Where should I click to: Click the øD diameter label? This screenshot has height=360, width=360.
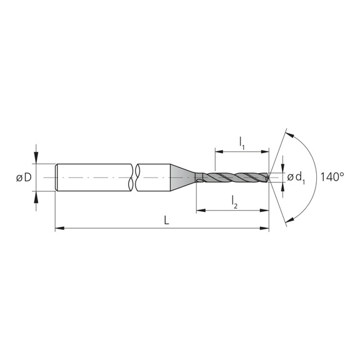coord(24,178)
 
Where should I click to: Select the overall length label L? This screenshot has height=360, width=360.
coord(166,221)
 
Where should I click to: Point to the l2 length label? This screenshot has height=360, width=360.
coord(234,201)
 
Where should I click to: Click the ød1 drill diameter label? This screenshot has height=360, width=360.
coord(296,179)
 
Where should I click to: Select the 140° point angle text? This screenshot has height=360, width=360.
coord(332,177)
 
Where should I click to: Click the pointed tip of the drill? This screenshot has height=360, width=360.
coord(270,178)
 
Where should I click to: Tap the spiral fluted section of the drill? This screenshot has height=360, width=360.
coord(237,178)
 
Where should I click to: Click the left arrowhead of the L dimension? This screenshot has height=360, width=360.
coord(59,229)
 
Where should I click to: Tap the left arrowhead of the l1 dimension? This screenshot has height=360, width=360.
coord(219,151)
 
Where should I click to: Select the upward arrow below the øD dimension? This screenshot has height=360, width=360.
coord(36,197)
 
